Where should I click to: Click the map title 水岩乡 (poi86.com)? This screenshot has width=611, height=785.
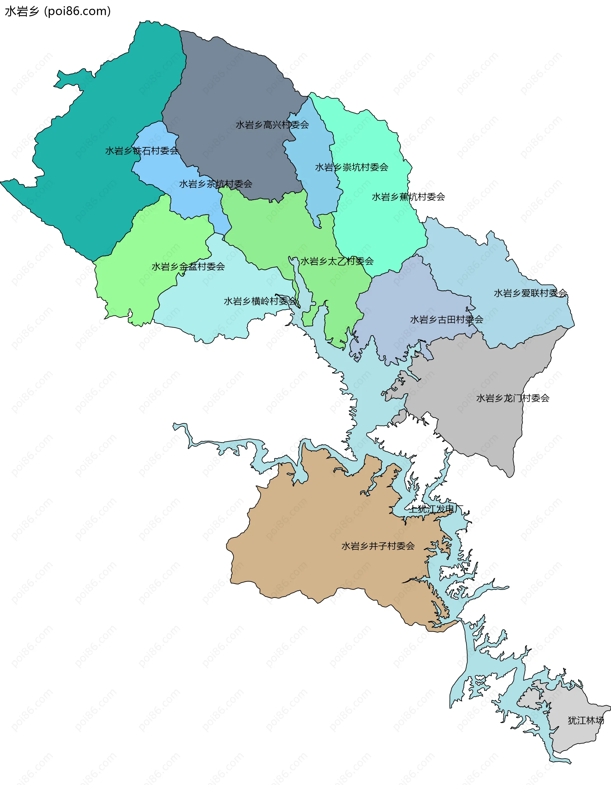point(58,11)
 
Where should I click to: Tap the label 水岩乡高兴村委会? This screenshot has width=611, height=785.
point(272,125)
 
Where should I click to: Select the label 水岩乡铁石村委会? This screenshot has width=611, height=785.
point(142,151)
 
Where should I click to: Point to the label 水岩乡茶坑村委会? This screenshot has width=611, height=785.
point(216,184)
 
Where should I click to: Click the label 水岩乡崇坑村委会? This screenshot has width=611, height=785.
point(352,167)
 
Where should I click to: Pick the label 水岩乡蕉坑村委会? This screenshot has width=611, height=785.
point(408,197)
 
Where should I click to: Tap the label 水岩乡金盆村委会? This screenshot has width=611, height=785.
point(188,266)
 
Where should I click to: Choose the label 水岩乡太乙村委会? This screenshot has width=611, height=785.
point(337,261)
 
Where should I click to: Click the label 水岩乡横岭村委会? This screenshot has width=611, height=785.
point(260,301)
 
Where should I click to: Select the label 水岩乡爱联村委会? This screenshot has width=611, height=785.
point(530,293)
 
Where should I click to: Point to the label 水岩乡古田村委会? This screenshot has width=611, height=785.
point(446,319)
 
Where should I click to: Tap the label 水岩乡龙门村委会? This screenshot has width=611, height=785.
point(513,398)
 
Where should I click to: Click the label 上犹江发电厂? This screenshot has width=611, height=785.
point(436,509)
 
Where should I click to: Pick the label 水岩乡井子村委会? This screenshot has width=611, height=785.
point(378,546)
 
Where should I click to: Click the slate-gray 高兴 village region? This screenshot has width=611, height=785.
point(230,90)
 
